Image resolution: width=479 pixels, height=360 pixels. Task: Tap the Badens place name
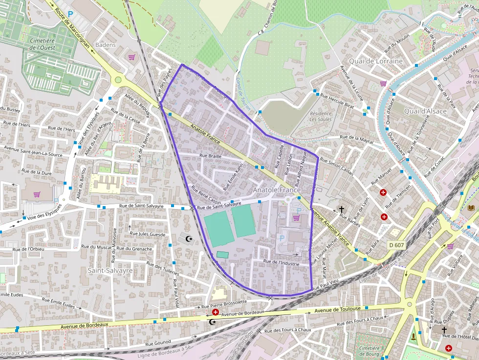(x=106, y=45)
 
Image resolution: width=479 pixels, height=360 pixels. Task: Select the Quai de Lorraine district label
(x=375, y=61)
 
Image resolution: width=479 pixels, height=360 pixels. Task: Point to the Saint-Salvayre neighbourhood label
(x=110, y=270)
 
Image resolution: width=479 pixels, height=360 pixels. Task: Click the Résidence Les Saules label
(x=321, y=116)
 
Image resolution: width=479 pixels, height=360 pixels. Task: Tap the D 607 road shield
(x=396, y=245)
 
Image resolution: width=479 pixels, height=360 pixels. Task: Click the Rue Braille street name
(x=210, y=156)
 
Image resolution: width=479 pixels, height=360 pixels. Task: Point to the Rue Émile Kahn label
(x=233, y=177)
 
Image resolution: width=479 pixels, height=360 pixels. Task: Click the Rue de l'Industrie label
(x=281, y=262)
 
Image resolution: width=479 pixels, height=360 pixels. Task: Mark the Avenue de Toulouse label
(x=338, y=309)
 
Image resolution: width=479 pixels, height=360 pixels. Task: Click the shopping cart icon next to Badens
(x=131, y=57)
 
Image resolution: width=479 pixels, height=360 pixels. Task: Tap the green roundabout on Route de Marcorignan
(x=118, y=80)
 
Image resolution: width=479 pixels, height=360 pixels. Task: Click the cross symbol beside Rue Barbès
(x=342, y=209)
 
